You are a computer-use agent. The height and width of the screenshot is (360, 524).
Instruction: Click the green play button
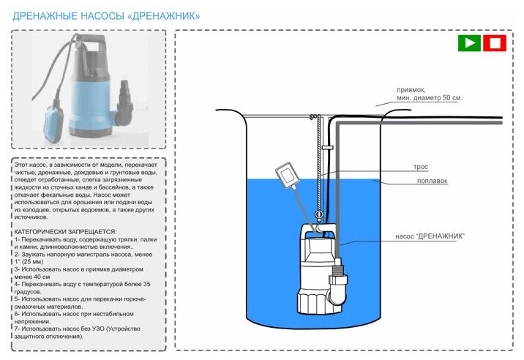[469, 43]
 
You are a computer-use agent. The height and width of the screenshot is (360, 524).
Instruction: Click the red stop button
[495, 43]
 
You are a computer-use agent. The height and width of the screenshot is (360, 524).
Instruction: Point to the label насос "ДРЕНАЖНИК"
[430, 236]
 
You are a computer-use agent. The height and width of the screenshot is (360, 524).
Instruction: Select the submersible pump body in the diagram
[314, 263]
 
